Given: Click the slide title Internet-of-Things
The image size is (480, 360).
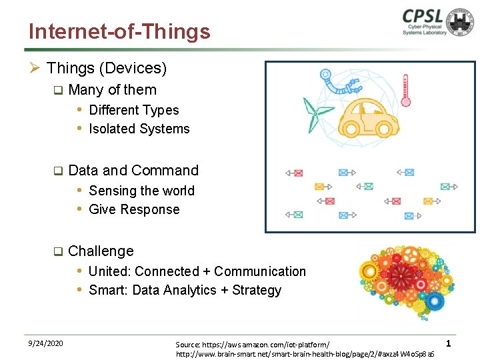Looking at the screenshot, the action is point(119,31).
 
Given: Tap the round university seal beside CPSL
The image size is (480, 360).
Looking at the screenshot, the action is point(461,22).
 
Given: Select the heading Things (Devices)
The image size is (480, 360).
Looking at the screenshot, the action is point(107,68).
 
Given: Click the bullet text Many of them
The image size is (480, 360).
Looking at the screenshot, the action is point(112,90).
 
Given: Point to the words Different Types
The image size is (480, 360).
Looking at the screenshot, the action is point(133,110).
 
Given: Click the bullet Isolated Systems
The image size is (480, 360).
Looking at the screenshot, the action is point(139,129).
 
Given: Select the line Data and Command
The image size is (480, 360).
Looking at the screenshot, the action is point(133,171).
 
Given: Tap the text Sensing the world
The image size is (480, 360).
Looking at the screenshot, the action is point(141,191).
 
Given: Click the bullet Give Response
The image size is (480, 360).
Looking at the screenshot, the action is point(134,209).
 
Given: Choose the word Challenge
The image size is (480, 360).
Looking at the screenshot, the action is point(101,251).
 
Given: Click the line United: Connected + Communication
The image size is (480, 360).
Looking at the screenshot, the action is point(197,271).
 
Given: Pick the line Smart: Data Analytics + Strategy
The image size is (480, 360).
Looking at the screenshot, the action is point(185,290).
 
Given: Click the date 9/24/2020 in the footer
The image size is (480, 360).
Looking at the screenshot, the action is point(46,343).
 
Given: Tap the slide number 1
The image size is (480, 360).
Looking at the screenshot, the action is point(449,343).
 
